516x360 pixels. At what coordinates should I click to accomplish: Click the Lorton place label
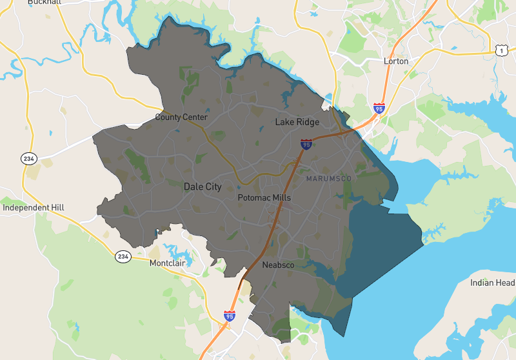396,61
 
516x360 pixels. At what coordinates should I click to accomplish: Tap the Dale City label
203,186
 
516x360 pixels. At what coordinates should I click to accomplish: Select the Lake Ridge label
297,122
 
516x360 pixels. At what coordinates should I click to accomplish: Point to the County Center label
181,117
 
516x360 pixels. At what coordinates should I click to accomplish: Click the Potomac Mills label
264,197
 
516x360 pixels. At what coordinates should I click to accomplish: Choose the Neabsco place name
278,265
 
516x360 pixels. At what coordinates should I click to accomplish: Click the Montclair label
171,264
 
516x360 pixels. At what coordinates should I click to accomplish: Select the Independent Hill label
34,208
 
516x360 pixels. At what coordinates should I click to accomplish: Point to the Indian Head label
492,283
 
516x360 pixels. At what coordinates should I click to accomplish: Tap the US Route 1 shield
501,50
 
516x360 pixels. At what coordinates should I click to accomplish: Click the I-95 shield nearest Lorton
379,108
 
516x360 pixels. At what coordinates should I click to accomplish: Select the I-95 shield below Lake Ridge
306,144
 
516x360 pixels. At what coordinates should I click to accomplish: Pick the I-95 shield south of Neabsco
230,316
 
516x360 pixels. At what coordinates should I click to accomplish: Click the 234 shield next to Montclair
123,257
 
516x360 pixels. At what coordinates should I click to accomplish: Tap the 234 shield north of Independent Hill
28,159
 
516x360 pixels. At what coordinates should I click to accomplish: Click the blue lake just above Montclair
173,249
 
